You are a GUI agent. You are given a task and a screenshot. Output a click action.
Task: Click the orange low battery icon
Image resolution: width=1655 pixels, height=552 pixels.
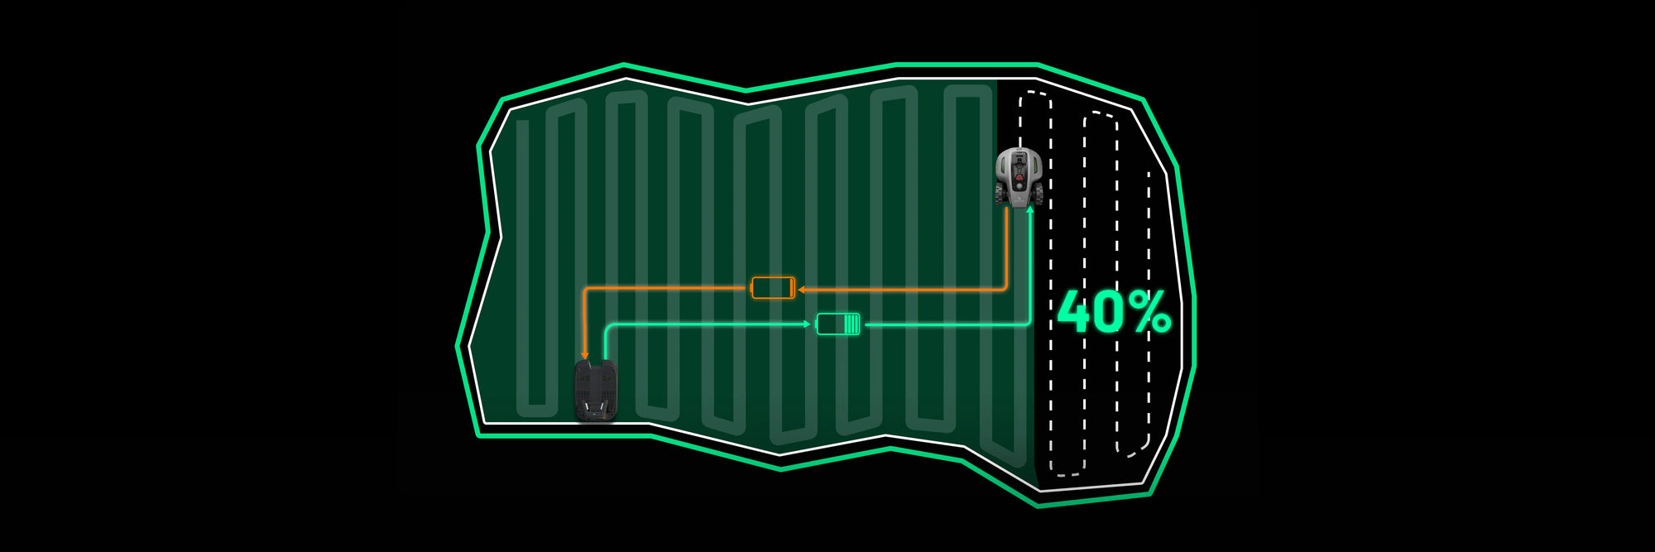773,288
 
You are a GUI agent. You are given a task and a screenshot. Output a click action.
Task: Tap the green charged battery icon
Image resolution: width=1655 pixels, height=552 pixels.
838,324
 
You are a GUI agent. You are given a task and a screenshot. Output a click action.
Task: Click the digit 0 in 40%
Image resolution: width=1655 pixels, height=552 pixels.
1113,312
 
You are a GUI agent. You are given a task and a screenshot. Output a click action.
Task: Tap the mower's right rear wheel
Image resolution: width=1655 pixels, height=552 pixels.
1039,194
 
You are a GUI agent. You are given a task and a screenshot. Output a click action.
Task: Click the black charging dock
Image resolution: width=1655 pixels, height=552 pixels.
596,391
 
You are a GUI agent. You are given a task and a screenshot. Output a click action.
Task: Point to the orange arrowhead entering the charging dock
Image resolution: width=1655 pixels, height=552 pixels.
585,355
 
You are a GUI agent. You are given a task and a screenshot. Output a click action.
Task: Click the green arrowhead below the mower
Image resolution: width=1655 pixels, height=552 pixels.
1029,210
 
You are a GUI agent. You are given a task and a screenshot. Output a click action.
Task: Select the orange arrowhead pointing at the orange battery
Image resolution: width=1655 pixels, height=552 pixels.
802,290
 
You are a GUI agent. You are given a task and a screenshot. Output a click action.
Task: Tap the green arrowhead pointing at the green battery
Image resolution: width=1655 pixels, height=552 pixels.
808,324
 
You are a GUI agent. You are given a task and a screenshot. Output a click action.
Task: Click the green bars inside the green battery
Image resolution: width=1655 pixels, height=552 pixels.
851,324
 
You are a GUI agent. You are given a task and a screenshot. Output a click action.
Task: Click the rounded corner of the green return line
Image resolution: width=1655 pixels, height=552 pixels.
608,329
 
